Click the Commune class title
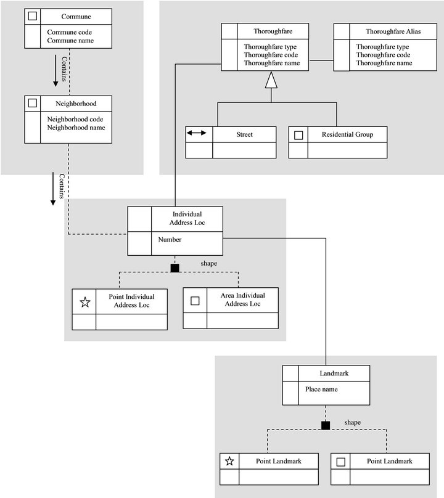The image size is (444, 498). (76, 17)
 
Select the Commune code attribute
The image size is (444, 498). (69, 32)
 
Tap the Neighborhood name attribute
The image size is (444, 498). (76, 128)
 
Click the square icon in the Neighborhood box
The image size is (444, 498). (33, 103)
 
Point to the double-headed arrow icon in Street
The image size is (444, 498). (197, 133)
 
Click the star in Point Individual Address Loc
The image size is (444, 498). (85, 302)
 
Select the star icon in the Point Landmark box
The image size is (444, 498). (229, 461)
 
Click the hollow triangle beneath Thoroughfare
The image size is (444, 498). (271, 80)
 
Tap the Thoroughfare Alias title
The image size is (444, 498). (393, 31)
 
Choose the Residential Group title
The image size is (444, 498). (347, 134)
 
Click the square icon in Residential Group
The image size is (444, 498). (298, 135)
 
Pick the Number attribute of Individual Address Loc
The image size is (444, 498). (170, 240)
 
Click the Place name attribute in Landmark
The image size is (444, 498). (321, 389)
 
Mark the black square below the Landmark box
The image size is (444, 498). (326, 425)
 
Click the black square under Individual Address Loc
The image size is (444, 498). (175, 268)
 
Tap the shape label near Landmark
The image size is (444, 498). (353, 422)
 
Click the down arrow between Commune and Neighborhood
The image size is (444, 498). (55, 70)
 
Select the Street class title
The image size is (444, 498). (244, 134)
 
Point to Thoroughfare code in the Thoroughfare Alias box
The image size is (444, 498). (383, 55)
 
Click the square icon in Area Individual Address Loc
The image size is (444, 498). (195, 301)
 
